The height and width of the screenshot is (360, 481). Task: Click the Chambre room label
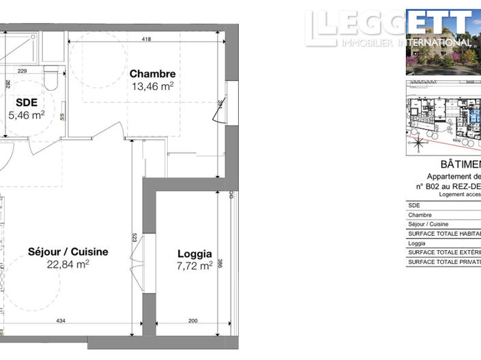click(153, 74)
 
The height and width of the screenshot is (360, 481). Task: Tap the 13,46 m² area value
click(153, 87)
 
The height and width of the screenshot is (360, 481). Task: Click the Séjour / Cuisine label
click(68, 252)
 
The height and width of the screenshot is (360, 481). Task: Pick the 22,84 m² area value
click(68, 264)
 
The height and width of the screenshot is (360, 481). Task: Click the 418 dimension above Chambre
click(146, 40)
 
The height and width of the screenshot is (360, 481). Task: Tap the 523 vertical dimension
click(135, 238)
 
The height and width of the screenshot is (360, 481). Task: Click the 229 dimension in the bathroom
click(22, 70)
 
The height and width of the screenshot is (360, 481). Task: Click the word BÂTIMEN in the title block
click(451, 166)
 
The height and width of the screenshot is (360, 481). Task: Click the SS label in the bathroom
click(62, 115)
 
